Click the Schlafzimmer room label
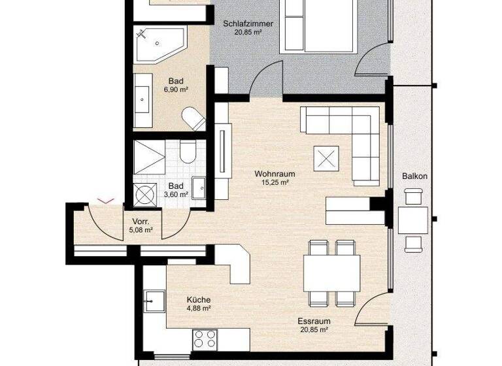point(248,24)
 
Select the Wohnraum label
point(275,174)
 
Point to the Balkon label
point(415,176)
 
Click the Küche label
point(197,299)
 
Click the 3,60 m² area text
point(176,194)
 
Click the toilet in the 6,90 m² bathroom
point(193,119)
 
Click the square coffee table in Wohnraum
point(326,157)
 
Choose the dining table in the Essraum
point(331,273)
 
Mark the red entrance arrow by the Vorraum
point(105,201)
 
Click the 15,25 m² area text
point(275,182)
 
